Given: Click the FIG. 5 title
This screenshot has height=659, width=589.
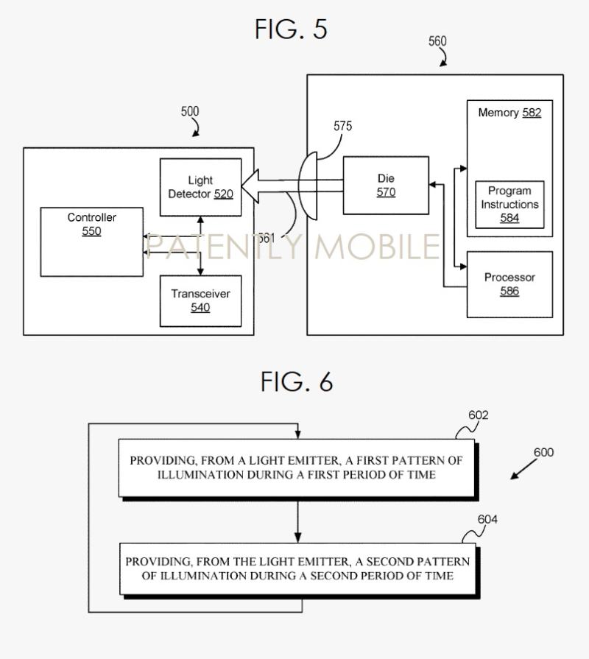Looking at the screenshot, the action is point(291,29).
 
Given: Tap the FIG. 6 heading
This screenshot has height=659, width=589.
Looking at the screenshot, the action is point(297,381).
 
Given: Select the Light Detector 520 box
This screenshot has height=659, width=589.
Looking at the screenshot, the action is point(200,187).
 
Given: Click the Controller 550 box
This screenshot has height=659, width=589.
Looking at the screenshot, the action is point(91,242).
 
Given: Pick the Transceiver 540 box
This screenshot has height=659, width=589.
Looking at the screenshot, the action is point(200,301).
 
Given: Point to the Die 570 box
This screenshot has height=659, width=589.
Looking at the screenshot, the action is point(386,186).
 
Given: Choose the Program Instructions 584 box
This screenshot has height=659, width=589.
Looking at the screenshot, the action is point(509,205).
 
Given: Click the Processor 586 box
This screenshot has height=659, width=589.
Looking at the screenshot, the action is point(509,284).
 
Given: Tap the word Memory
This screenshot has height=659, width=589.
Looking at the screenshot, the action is point(498,113).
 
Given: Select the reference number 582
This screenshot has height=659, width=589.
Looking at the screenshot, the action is point(532,113).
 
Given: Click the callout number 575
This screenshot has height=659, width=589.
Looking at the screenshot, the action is point(343,126).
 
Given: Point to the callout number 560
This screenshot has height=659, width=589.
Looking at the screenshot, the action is point(437,41).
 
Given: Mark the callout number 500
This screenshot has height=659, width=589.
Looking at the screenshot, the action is point(190,111).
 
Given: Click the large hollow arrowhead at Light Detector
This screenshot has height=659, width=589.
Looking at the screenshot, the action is point(250,186).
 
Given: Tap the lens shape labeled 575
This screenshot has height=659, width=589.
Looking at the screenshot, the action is point(308,186).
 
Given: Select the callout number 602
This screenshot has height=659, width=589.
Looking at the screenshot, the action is point(478,415).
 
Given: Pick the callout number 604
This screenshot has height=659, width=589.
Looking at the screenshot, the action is point(487,519).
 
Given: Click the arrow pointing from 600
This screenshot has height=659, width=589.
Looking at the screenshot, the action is point(523,469).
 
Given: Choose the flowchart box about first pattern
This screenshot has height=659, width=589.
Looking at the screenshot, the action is point(297,468).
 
